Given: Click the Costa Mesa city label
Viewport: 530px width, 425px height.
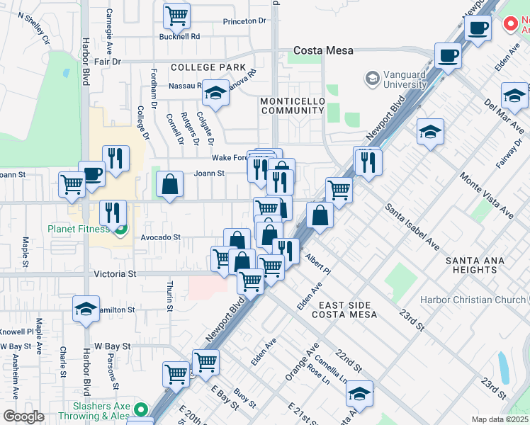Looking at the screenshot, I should click(x=324, y=51).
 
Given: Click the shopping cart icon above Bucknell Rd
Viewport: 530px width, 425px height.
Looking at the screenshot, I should click(x=176, y=15).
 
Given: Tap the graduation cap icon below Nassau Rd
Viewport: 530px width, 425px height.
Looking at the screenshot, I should click(x=215, y=93).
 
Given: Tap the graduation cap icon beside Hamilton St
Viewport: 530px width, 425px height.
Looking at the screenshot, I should click(x=86, y=309).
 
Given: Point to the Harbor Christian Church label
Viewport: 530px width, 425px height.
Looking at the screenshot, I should click(x=469, y=300).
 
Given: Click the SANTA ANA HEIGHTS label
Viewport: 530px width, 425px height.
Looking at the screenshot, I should click(x=475, y=266).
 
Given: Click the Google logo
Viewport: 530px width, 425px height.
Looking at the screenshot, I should click(x=23, y=416).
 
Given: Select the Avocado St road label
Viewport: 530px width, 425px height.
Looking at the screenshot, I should click(x=161, y=237).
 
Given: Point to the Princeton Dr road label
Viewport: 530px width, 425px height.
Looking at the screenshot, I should click(x=244, y=21).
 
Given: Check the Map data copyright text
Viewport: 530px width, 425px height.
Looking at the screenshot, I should click(x=500, y=419).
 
